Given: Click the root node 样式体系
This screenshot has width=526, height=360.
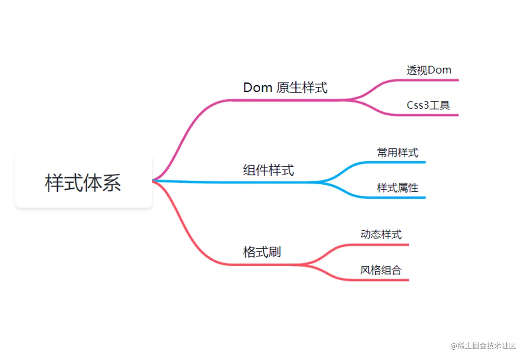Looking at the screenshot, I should tap(83, 182).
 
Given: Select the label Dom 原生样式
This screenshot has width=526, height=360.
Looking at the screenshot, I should tap(285, 88).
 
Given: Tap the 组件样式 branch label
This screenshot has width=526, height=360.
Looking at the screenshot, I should tap(269, 170).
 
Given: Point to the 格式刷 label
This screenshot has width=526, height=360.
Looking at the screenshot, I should tap(262, 252).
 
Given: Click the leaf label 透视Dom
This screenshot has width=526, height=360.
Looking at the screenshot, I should tap(429, 70).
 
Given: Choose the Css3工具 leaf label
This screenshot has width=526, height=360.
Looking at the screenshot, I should tap(428, 105).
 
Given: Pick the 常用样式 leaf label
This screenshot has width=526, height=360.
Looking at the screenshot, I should tap(397, 153).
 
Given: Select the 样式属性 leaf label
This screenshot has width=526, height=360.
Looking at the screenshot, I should tap(397, 188).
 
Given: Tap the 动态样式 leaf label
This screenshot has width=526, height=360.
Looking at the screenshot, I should tap(381, 235).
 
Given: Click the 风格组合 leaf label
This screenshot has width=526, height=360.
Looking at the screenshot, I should tap(381, 270).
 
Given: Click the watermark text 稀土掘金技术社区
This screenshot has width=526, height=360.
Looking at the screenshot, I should tap(483, 345).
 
